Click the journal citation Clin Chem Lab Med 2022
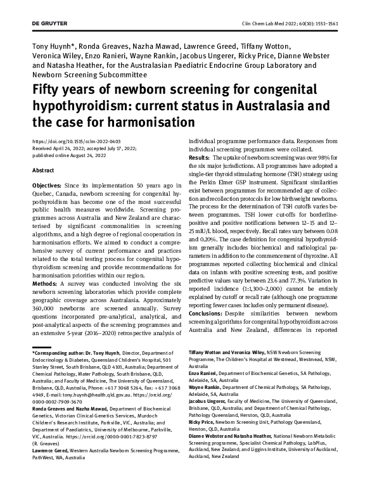[298, 22]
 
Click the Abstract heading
[42, 170]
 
